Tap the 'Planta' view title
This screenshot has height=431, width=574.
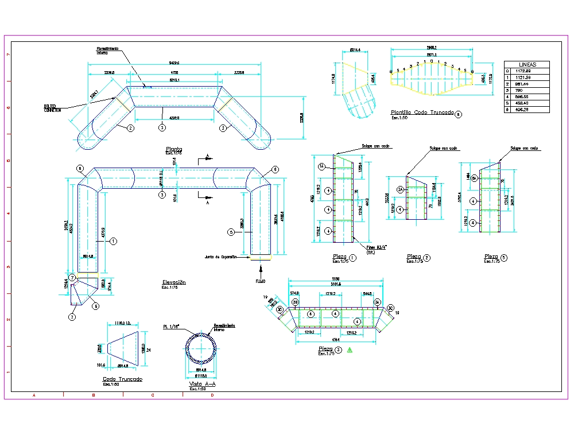[x=173, y=149]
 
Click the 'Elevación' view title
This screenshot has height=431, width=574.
[x=174, y=282]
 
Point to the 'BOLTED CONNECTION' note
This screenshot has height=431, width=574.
[x=52, y=108]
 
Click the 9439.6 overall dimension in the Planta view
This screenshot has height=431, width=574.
[x=174, y=63]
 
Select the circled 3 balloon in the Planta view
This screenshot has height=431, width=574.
[x=162, y=127]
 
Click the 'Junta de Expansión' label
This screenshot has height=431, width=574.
[x=221, y=257]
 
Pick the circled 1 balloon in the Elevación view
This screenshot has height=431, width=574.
[x=114, y=242]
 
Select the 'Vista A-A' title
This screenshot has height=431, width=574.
[x=200, y=384]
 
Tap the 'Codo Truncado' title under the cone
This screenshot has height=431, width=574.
[x=122, y=379]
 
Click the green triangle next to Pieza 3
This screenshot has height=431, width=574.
[x=348, y=350]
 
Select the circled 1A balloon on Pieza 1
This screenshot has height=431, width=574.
[x=321, y=166]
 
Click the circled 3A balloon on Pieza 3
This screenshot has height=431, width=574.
[x=377, y=301]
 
